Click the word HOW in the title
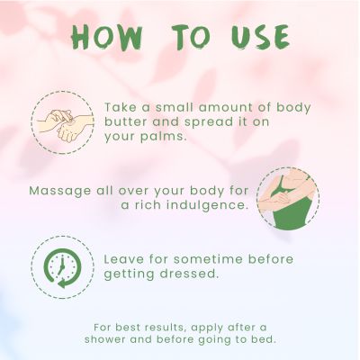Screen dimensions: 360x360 click(106, 37)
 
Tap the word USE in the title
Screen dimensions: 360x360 click(260, 37)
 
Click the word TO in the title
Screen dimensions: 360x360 click(192, 37)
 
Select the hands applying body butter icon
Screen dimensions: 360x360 click(63, 122)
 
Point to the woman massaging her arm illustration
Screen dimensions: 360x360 click(288, 199)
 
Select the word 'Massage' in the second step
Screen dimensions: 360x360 click(60, 192)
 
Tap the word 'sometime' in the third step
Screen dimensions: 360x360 click(208, 259)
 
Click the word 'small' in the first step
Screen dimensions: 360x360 click(174, 108)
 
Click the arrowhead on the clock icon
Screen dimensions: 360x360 click(62, 283)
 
